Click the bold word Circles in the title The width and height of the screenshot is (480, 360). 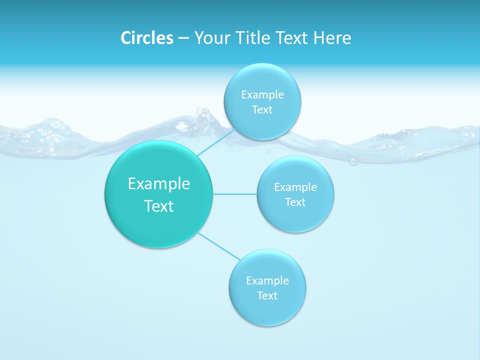tap(147, 38)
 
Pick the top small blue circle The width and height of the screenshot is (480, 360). tap(262, 80)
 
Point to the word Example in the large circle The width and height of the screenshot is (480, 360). tap(159, 183)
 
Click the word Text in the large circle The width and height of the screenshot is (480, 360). tap(159, 206)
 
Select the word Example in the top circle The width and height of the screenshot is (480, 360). tap(262, 94)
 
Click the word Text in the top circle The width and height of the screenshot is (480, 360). tap(262, 109)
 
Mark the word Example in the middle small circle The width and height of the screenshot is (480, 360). tap(295, 187)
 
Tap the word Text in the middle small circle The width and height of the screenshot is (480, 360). tap(295, 202)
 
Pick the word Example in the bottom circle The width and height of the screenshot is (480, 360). tap(267, 280)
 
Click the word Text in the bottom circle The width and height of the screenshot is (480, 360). tap(267, 295)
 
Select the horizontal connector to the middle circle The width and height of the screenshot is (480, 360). tap(235, 193)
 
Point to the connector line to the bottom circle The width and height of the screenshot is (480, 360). tap(220, 246)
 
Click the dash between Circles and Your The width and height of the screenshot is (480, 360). tap(183, 38)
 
